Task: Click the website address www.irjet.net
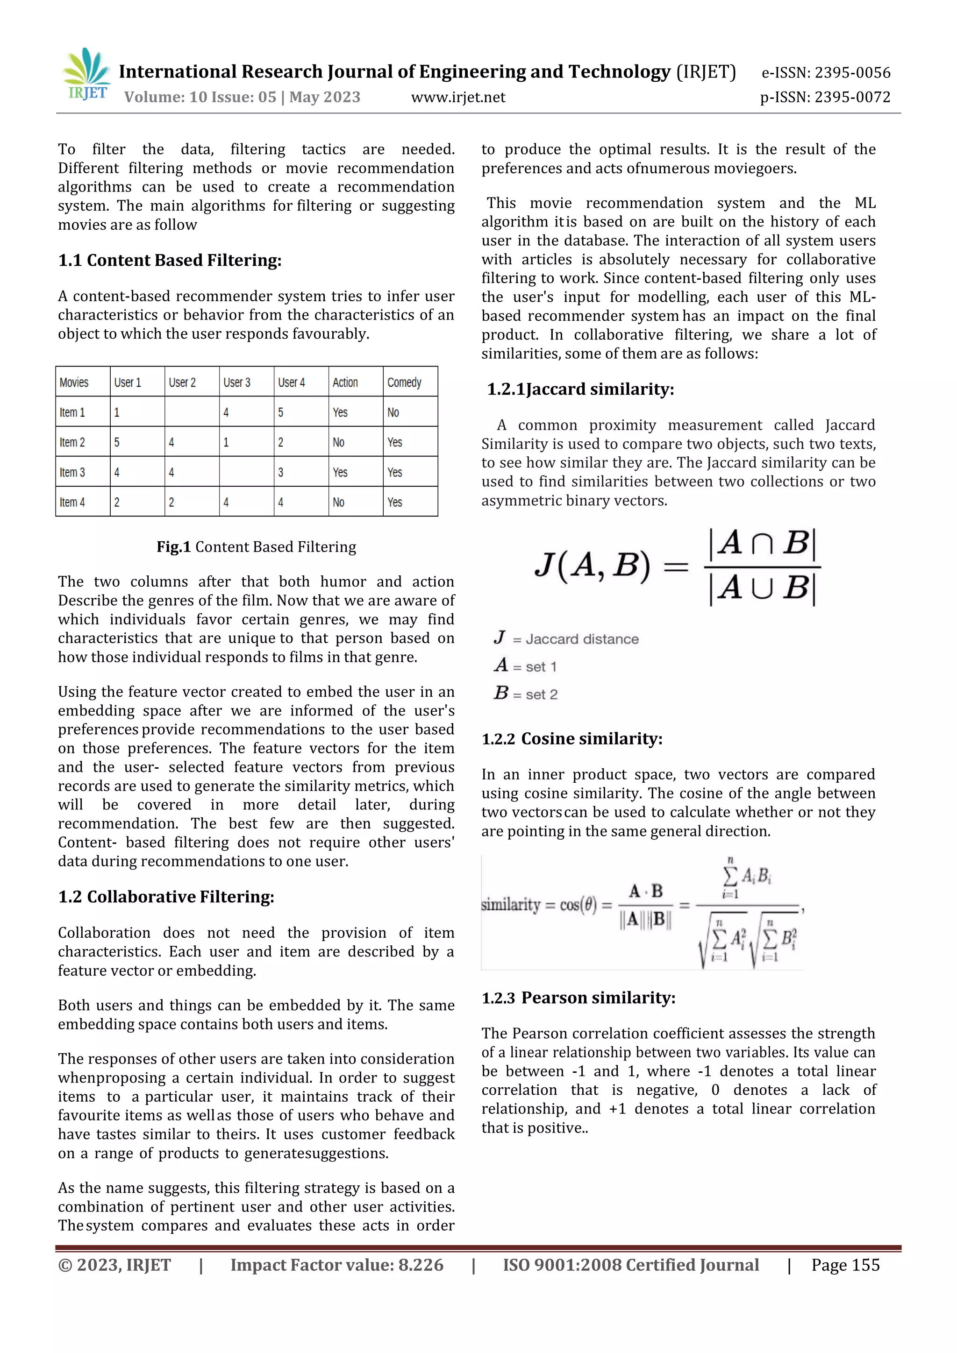coord(457,97)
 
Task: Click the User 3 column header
coord(237,383)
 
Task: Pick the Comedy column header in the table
coord(405,383)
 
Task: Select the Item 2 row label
coord(72,442)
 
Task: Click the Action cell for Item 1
coord(340,412)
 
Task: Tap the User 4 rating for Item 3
coord(281,472)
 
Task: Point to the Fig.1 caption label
coord(173,547)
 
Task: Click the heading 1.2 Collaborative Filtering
coord(166,896)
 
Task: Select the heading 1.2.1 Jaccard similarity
coord(580,389)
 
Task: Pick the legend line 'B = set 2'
coord(526,694)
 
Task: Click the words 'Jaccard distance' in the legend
coord(581,639)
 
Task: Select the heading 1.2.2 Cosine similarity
coord(572,738)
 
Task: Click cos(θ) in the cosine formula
coord(578,904)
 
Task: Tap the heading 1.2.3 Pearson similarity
coord(578,997)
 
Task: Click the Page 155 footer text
coord(845,1265)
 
